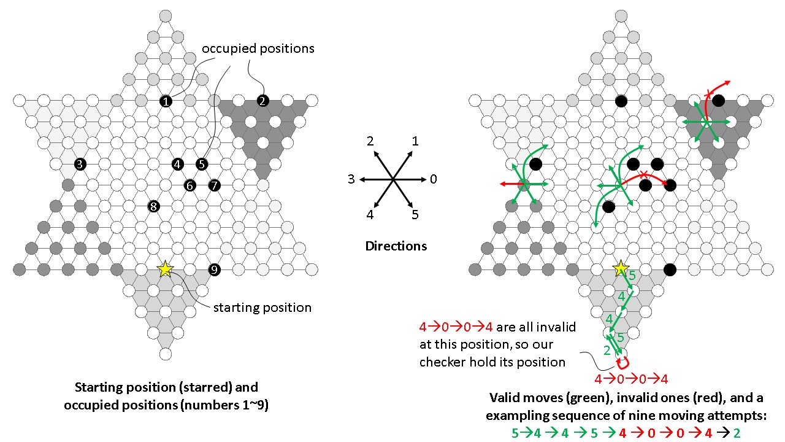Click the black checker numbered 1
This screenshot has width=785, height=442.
(165, 101)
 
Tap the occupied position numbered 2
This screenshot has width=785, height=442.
(262, 101)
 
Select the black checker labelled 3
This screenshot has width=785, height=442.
(80, 164)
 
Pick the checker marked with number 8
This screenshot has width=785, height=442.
(153, 207)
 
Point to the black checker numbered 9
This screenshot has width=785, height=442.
(214, 269)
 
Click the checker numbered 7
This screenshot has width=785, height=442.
(213, 185)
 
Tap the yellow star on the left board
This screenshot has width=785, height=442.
(165, 269)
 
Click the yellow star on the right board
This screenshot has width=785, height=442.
(621, 268)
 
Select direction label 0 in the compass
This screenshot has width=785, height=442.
(434, 179)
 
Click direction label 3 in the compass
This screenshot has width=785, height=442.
(351, 179)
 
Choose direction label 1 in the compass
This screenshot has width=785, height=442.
(415, 141)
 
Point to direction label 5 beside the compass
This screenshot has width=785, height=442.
(415, 215)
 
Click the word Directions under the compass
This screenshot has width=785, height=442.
(396, 246)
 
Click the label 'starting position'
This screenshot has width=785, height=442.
(262, 307)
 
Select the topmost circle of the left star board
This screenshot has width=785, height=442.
(165, 16)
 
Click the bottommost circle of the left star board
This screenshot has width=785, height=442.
(165, 354)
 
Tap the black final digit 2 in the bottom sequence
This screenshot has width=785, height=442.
(736, 433)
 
